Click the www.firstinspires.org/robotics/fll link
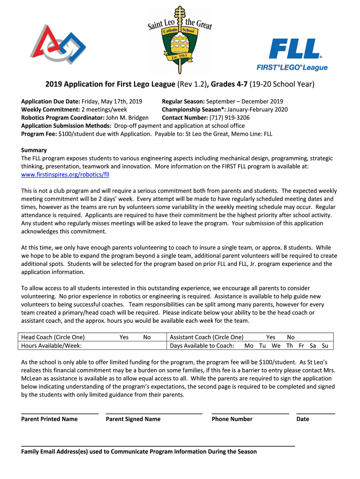[x=65, y=174]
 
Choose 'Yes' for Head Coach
[x=124, y=337]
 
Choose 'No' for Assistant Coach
[x=291, y=337]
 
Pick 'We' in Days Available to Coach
[x=276, y=346]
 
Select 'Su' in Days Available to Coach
[x=325, y=346]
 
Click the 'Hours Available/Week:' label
[x=51, y=346]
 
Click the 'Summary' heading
[x=34, y=150]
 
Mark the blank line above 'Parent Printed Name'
[x=60, y=413]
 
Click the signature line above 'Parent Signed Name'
[x=154, y=413]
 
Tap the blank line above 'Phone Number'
[x=250, y=413]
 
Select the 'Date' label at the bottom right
[x=302, y=419]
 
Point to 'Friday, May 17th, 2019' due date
[x=112, y=102]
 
